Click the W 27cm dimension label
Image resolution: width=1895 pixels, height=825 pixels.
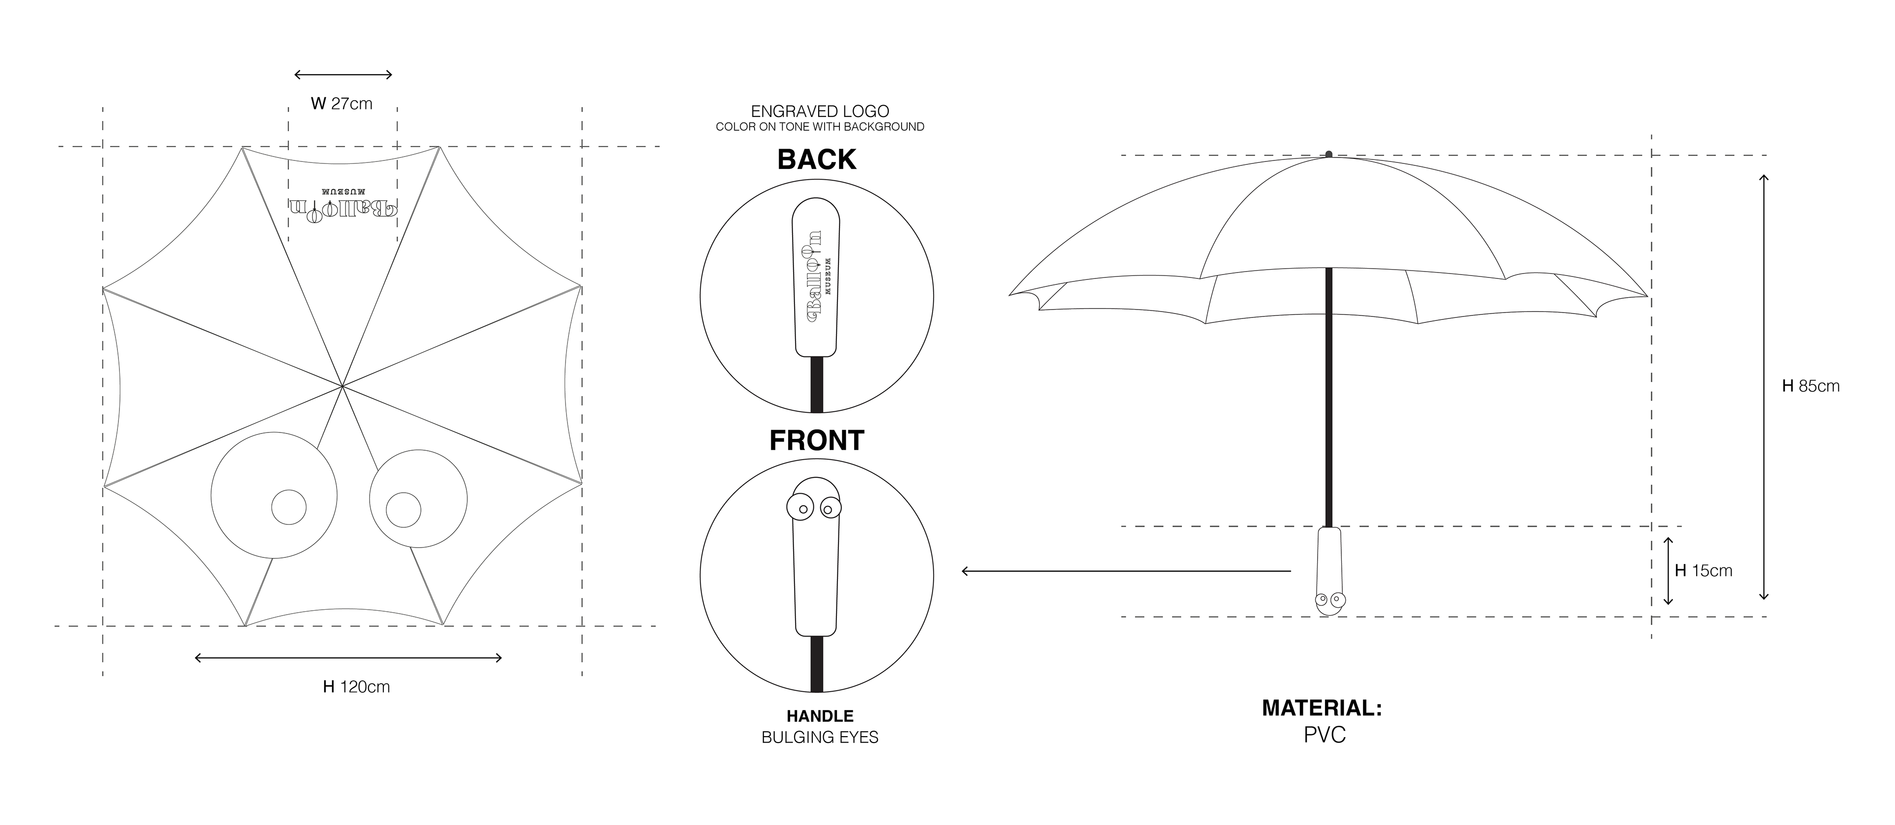[x=342, y=104]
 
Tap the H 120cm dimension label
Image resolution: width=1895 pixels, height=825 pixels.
[x=357, y=687]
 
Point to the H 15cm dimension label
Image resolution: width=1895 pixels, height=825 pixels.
[x=1703, y=570]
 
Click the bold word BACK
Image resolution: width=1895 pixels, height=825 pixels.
[x=817, y=159]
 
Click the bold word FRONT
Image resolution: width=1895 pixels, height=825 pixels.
[x=817, y=440]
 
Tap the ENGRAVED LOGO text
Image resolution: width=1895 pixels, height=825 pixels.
[x=820, y=111]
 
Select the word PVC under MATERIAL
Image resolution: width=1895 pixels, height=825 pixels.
[x=1324, y=735]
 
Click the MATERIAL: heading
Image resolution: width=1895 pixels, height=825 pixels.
[x=1322, y=708]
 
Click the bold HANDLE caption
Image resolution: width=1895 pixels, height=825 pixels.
[x=820, y=716]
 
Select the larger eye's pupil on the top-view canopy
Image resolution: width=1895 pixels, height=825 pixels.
[x=289, y=507]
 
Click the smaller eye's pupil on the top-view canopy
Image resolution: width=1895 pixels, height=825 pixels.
[x=403, y=510]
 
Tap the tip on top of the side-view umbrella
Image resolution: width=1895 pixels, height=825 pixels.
[x=1328, y=154]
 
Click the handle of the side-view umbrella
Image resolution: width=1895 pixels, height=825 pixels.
[x=1328, y=567]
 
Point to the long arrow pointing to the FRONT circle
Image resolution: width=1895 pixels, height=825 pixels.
[x=1126, y=571]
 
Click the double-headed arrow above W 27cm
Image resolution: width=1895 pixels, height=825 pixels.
[x=343, y=75]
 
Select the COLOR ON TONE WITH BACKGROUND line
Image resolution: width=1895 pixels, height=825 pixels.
[x=820, y=126]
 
